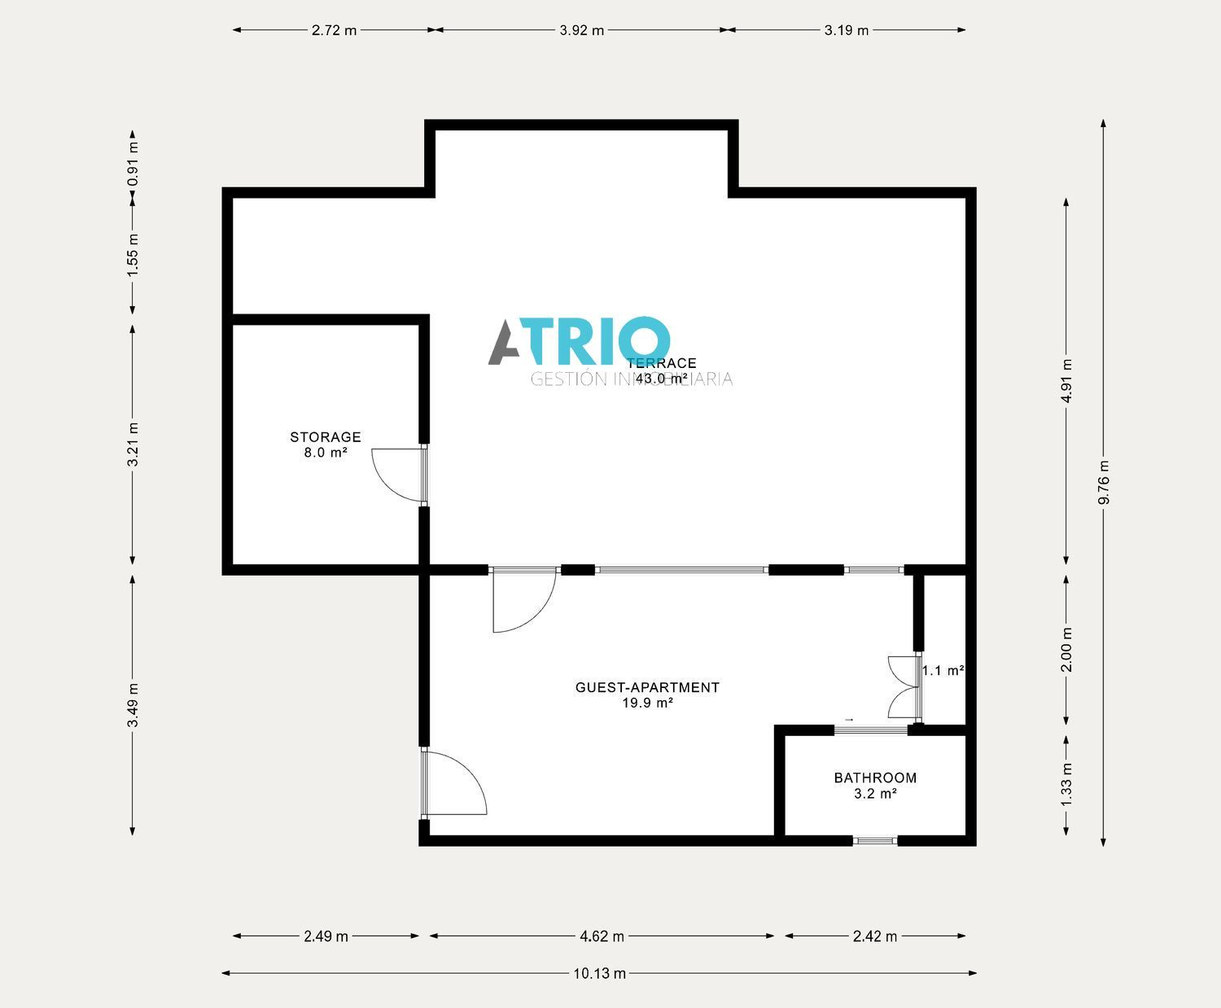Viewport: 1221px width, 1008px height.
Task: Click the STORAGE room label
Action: pos(326,437)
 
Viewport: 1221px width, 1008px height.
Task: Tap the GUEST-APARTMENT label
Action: pos(647,687)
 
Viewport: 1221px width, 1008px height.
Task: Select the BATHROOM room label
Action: pos(875,778)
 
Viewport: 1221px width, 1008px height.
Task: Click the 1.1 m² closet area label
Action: pos(943,671)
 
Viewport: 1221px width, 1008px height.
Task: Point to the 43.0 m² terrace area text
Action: pos(661,379)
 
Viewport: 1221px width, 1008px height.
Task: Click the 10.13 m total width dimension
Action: pos(600,973)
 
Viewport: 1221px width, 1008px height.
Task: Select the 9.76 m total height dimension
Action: pos(1104,483)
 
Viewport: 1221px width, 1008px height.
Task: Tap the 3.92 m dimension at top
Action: pos(582,31)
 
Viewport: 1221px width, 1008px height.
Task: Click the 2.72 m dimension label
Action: pos(334,31)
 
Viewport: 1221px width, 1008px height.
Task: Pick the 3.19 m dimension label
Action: pos(847,31)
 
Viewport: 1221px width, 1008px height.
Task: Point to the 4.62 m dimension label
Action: pos(602,936)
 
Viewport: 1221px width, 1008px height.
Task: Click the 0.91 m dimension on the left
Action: pos(133,163)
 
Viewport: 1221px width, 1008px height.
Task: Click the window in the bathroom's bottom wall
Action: pos(875,840)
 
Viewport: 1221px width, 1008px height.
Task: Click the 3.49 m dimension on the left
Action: pos(133,705)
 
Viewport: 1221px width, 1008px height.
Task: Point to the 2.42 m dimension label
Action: pos(875,936)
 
